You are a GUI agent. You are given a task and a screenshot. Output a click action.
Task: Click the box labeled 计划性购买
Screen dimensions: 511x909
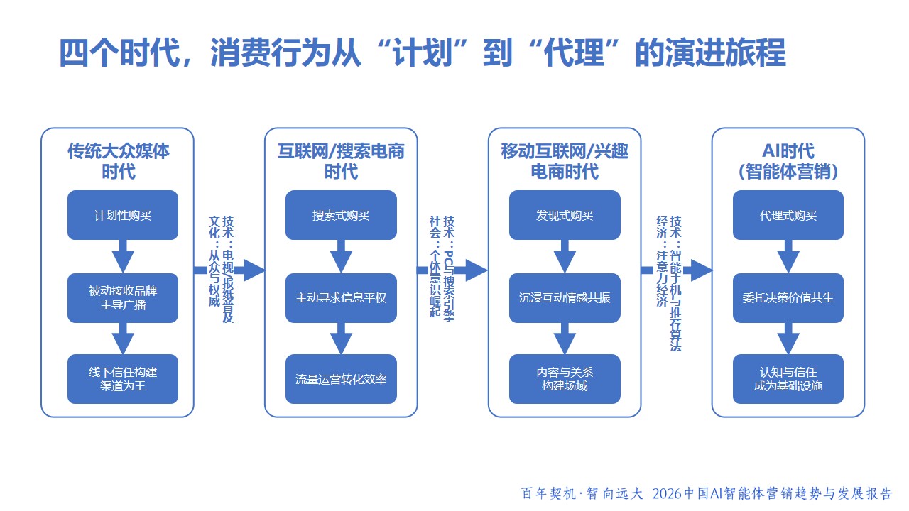tap(123, 215)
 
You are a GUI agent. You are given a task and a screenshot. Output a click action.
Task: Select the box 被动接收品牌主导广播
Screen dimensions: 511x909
tap(123, 298)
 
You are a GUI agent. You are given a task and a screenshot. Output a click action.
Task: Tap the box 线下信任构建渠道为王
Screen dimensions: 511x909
tap(123, 378)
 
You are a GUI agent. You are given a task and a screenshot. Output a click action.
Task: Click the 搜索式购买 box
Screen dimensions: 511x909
tap(341, 215)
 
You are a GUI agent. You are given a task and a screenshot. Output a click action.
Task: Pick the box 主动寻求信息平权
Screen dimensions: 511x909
tap(341, 298)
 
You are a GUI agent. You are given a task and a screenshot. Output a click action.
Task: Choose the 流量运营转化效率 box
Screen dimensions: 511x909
tap(341, 378)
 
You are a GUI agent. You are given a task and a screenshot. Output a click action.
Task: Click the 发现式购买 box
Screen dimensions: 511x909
tap(565, 215)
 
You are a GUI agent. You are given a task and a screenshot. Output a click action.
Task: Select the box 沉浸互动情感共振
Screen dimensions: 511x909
tap(565, 298)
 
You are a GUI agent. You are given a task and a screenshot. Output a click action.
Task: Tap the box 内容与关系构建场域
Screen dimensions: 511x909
tap(565, 378)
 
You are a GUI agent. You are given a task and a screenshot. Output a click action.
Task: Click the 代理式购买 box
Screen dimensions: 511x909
tap(788, 215)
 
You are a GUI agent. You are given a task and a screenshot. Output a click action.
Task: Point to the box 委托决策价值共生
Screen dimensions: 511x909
tap(788, 298)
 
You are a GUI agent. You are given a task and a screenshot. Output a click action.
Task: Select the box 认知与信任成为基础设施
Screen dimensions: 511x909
tap(788, 378)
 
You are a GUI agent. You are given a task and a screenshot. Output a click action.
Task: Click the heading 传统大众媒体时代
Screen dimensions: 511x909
tap(118, 161)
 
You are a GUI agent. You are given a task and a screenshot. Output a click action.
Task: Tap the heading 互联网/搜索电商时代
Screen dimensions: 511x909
tap(341, 161)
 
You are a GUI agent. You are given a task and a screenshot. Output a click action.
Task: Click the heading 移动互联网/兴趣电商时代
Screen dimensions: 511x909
tap(565, 161)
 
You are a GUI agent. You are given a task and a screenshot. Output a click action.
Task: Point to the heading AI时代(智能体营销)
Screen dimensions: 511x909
tap(788, 161)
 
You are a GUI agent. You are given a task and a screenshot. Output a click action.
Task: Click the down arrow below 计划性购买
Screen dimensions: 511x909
tap(123, 256)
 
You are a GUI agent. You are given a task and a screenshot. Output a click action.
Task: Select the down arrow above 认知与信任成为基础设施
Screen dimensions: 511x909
tap(788, 339)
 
